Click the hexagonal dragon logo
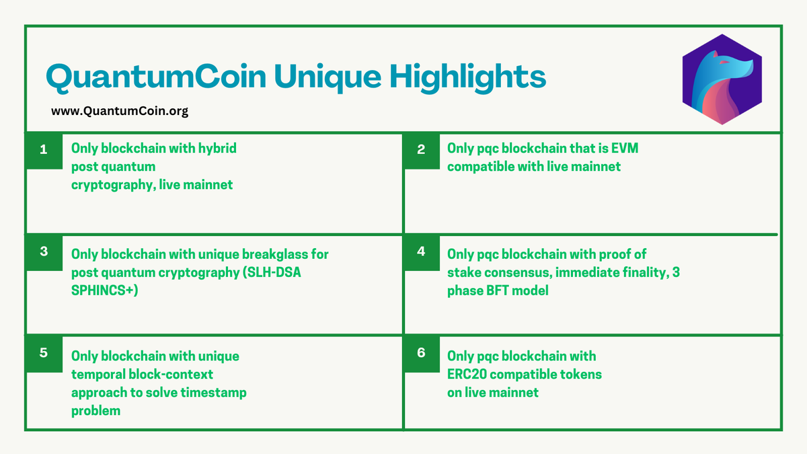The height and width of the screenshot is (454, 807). point(722,79)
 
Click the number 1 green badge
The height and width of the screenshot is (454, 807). point(44,150)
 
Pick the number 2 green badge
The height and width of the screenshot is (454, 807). point(421,150)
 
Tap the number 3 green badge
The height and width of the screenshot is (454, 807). point(44,252)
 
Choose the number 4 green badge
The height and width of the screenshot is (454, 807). point(421,252)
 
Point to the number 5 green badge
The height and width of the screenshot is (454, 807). point(44,352)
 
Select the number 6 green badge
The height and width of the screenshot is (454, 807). point(421,352)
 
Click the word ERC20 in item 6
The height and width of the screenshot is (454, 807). point(467,374)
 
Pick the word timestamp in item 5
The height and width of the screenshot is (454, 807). point(214,392)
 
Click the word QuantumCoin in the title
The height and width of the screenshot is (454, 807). point(147,77)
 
